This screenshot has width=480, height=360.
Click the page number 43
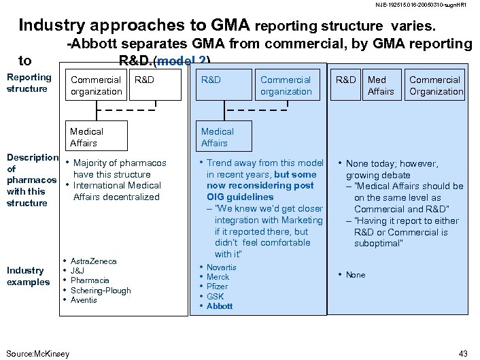point(464,353)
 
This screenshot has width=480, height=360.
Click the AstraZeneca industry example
point(94,261)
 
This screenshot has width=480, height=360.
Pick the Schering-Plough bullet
point(101,290)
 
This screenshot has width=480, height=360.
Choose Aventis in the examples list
point(84,300)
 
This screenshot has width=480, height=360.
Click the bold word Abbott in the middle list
point(220,306)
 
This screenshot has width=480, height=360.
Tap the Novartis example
point(222,267)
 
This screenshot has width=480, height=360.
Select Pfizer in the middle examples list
point(218,287)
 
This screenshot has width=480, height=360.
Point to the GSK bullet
point(215,297)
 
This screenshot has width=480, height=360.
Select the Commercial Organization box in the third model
point(435,86)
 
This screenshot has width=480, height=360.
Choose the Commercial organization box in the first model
point(96,86)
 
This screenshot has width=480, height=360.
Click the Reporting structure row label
point(29,83)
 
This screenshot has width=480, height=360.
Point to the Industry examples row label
point(27,276)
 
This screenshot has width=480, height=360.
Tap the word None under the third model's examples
point(356,275)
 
